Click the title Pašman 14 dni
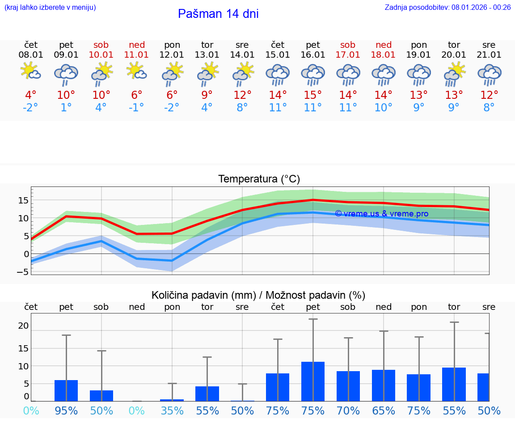(218, 14)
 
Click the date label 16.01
(312, 55)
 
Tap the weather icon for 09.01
(66, 74)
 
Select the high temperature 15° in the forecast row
(312, 95)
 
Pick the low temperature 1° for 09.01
(66, 108)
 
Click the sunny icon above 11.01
(137, 72)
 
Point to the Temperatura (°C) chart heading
(259, 179)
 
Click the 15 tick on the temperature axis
(23, 200)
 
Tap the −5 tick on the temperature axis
(23, 272)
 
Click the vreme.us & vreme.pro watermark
(381, 214)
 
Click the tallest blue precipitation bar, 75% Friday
(312, 381)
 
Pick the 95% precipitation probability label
(66, 411)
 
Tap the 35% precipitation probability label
(172, 411)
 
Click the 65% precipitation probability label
(383, 411)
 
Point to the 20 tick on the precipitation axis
(23, 326)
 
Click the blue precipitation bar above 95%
(66, 390)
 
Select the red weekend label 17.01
(348, 55)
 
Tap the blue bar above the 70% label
(348, 386)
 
